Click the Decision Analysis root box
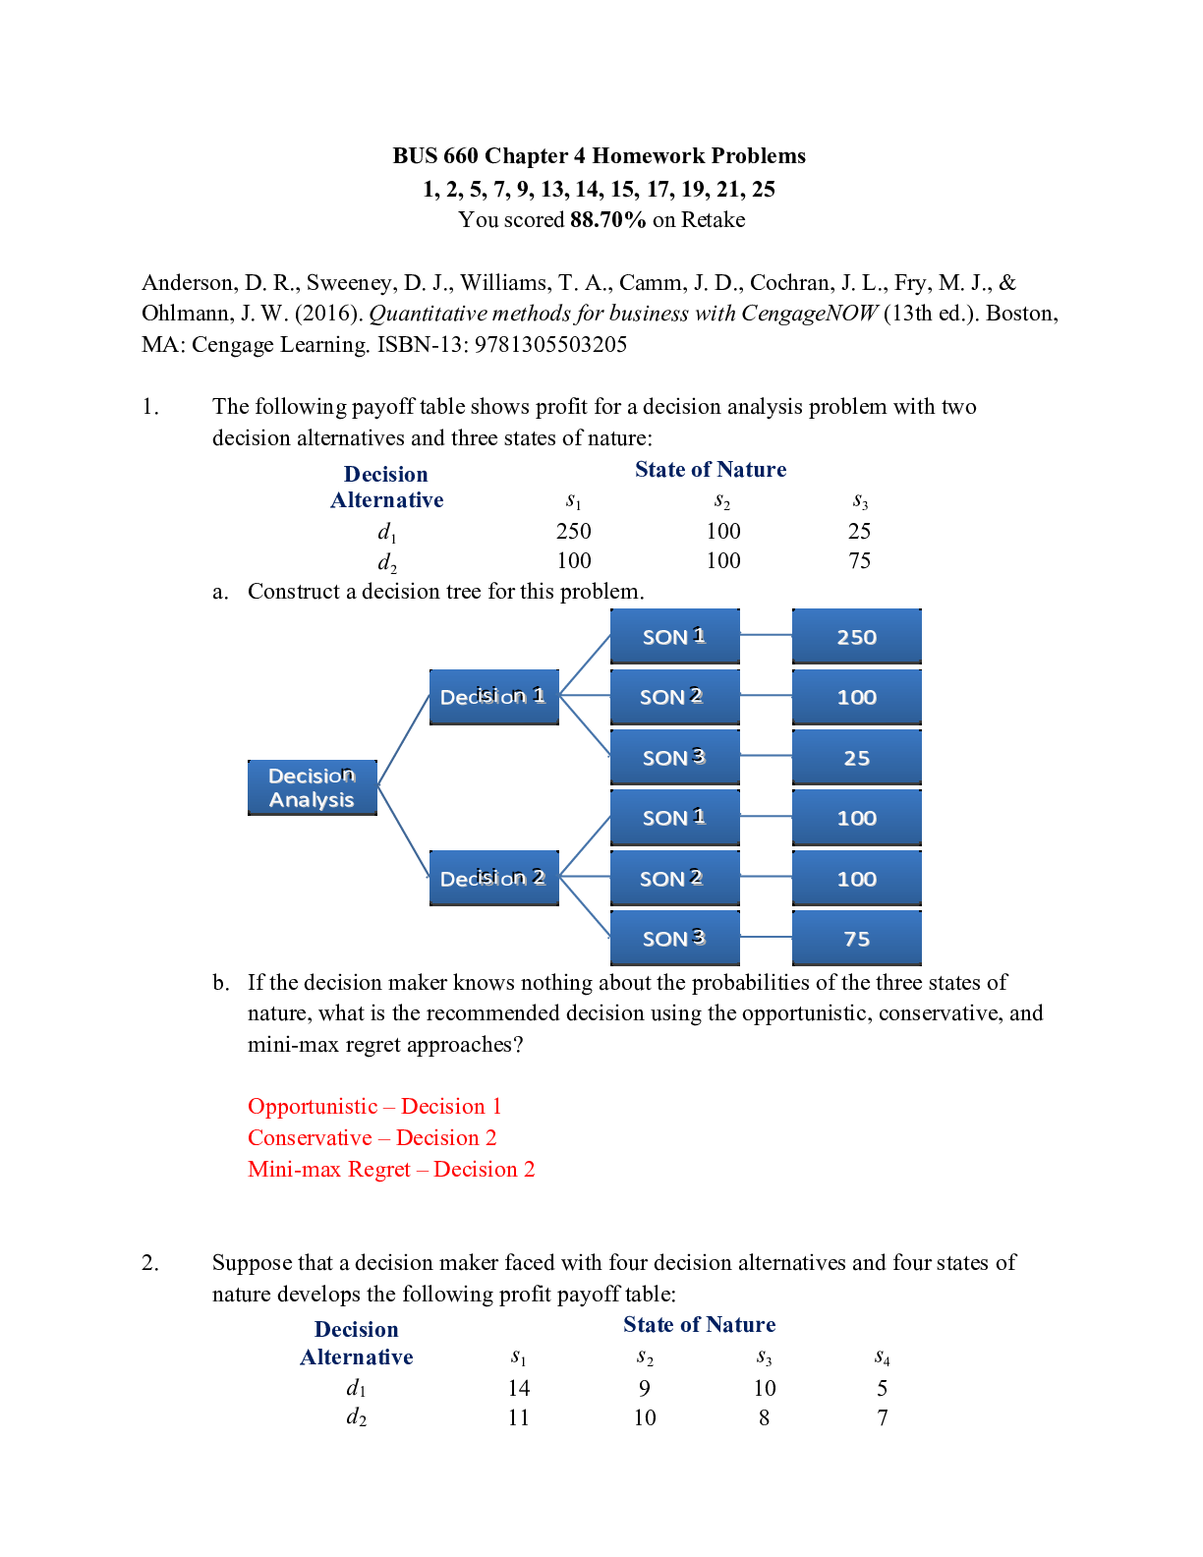tap(312, 787)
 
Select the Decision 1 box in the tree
tap(493, 697)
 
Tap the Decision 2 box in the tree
tap(493, 878)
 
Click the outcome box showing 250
tap(856, 637)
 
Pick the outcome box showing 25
tap(856, 758)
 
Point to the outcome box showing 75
tap(856, 939)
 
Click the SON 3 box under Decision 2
tap(674, 939)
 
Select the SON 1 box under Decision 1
tap(674, 637)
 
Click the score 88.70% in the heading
tap(607, 220)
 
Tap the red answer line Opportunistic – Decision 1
tap(374, 1107)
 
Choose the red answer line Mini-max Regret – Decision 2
tap(391, 1170)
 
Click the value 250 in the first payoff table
tap(573, 532)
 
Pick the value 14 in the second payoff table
tap(518, 1388)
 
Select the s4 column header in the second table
tap(882, 1358)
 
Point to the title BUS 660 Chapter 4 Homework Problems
tap(599, 156)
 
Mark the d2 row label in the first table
tap(387, 562)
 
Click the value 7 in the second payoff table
tap(882, 1418)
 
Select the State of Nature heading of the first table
tap(710, 470)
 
